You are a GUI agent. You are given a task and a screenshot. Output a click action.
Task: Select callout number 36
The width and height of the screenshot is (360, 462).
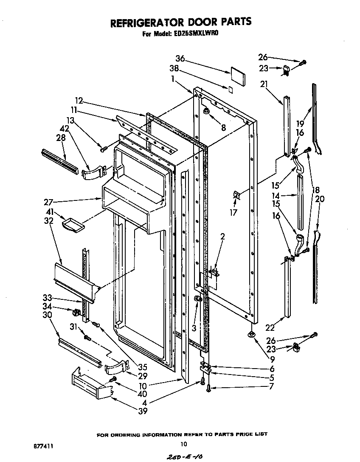click(180, 59)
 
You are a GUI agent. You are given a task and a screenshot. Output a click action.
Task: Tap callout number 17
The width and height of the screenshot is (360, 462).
click(233, 212)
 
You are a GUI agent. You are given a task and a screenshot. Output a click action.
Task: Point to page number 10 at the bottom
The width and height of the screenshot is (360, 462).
click(183, 444)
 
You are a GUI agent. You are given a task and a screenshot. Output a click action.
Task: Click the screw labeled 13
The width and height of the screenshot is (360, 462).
click(103, 149)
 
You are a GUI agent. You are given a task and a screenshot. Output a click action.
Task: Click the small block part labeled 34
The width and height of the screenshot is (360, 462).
click(76, 313)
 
